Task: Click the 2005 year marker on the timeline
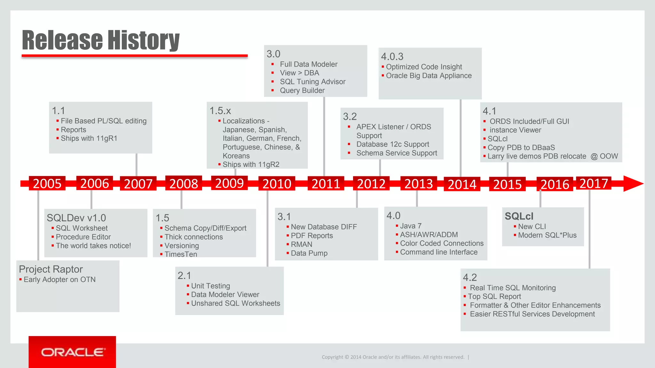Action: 47,183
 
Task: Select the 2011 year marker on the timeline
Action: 326,184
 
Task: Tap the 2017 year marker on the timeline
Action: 594,183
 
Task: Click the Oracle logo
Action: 72,352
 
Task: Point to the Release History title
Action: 101,40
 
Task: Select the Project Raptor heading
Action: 51,269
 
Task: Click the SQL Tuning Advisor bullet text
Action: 312,82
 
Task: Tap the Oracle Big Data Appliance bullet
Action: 429,76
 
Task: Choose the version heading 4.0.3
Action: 392,57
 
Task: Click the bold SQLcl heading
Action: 519,216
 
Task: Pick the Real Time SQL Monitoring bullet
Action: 512,288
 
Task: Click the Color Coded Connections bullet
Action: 441,243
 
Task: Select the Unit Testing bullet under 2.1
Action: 210,286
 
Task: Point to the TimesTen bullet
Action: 180,254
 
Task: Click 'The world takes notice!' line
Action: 93,246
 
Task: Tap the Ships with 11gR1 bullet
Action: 89,138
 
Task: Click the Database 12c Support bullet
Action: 392,144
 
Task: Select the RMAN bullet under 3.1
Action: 301,244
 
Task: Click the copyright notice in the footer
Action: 393,357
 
